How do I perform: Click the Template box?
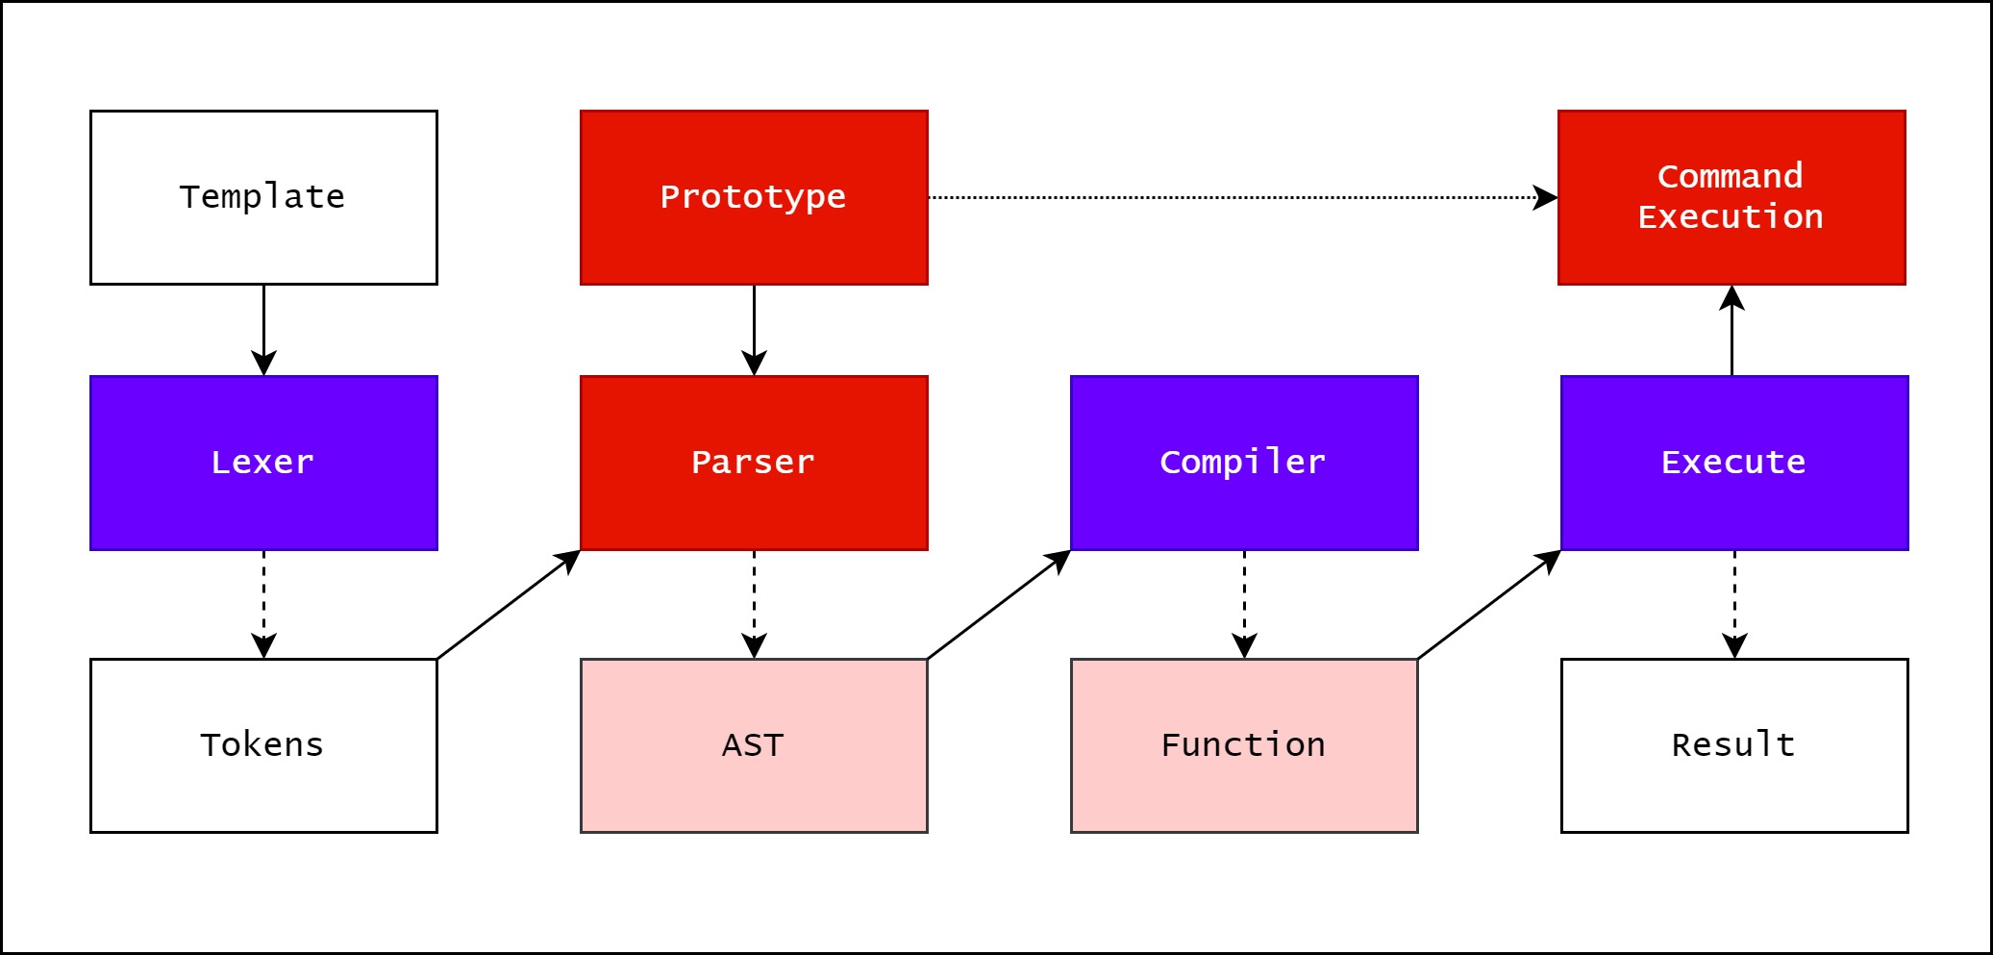[263, 197]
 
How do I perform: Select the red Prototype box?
[754, 197]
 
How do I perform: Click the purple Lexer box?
[263, 463]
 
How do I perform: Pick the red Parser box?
[754, 463]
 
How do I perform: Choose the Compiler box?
[1244, 463]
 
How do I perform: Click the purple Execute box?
[1734, 463]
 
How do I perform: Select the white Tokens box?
[263, 745]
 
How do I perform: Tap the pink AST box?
[754, 745]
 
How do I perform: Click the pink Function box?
[1244, 745]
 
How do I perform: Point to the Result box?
[1734, 745]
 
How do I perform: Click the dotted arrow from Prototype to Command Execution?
[1240, 197]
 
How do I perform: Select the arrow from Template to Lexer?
[263, 327]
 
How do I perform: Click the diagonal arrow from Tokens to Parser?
[508, 605]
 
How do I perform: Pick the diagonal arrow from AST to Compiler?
[998, 605]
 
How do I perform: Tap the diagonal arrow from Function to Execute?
[1488, 605]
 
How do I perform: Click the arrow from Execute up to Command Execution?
[1731, 332]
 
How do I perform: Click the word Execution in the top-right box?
[1731, 217]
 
